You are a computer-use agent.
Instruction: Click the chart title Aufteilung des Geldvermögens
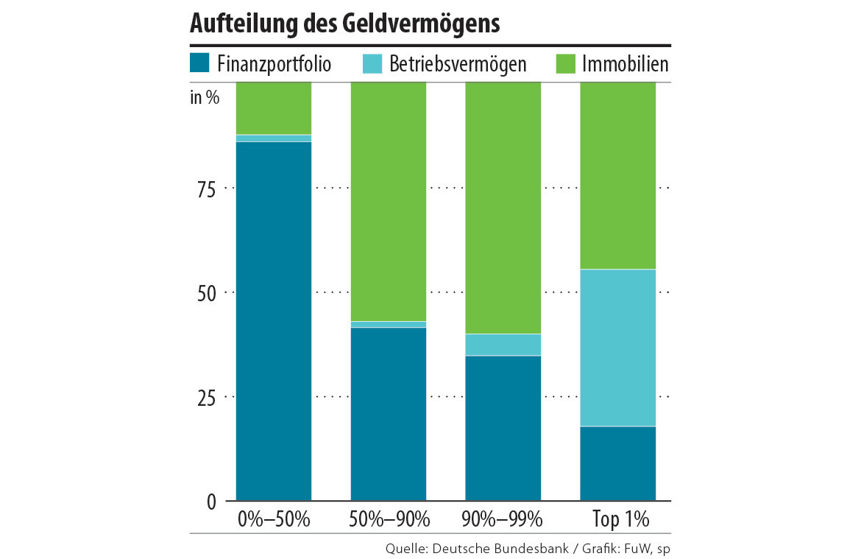click(344, 24)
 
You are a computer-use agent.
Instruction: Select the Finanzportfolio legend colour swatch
click(200, 63)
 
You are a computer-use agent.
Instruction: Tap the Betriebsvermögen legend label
click(458, 64)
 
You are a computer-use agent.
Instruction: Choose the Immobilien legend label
click(625, 64)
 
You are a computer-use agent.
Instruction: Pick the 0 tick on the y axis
click(210, 502)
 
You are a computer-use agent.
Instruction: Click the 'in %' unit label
click(205, 97)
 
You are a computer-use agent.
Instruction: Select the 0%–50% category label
click(274, 519)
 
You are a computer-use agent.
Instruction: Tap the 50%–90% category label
click(389, 519)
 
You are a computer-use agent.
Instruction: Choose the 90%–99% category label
click(503, 519)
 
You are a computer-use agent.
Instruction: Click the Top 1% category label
click(620, 519)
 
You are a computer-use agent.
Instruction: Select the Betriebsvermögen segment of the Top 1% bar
click(618, 348)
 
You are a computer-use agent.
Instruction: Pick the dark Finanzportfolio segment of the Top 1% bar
click(618, 464)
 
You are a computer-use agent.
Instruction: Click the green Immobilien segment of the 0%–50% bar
click(274, 108)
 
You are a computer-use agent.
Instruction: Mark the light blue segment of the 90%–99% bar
click(503, 345)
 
